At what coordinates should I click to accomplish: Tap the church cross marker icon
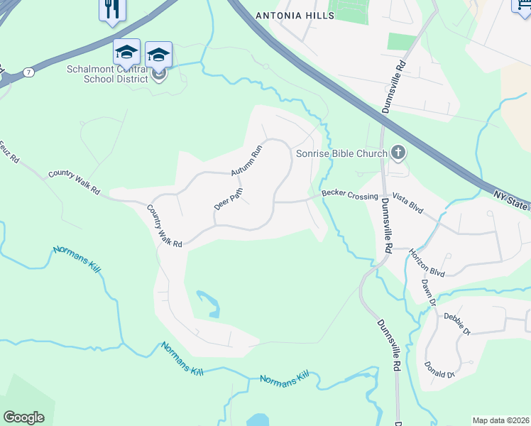click(398, 153)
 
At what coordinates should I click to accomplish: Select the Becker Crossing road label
click(349, 194)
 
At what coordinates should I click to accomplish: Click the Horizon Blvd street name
click(427, 259)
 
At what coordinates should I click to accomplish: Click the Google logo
click(23, 417)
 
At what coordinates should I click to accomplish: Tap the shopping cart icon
click(522, 6)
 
